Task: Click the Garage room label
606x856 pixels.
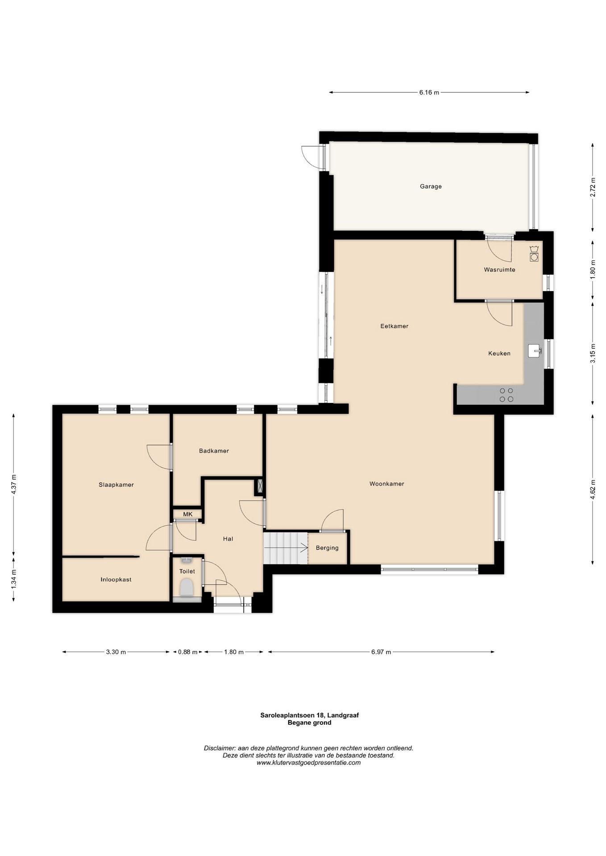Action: coord(431,186)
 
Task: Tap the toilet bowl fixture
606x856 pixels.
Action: coord(187,587)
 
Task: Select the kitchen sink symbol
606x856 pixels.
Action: coord(535,351)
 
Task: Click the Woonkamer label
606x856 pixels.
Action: coord(387,484)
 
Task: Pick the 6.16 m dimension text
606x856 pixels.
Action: coord(429,93)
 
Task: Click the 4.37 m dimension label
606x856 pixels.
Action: coord(14,483)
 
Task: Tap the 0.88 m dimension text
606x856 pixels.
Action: coord(187,652)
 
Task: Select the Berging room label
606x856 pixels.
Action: coord(327,548)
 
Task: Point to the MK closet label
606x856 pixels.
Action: coord(188,514)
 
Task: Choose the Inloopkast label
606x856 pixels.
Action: coord(116,580)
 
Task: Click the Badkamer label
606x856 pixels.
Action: coord(214,451)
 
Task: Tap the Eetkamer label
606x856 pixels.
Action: coord(394,326)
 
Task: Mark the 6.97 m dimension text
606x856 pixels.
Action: coord(381,652)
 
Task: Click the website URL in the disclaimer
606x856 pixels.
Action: coord(309,762)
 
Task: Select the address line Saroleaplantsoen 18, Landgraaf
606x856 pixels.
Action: coord(310,715)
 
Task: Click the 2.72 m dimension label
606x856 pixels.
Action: coord(593,187)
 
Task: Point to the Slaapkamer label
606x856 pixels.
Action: coord(116,485)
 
